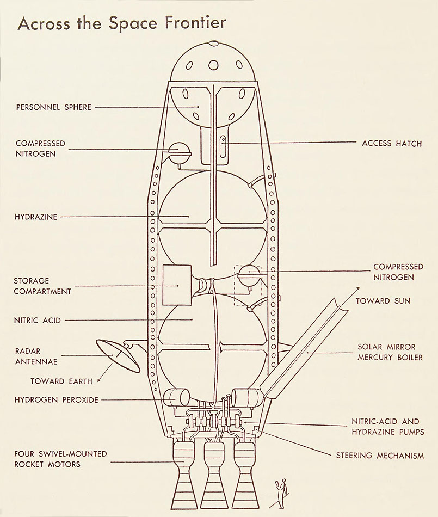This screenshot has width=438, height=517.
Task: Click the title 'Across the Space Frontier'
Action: pyautogui.click(x=122, y=23)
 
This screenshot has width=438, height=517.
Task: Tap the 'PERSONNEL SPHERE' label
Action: pyautogui.click(x=54, y=107)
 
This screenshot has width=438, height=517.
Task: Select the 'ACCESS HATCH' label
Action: pyautogui.click(x=392, y=144)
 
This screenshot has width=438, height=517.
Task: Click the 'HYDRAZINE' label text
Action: pyautogui.click(x=36, y=217)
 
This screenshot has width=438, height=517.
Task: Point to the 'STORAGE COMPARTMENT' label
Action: pyautogui.click(x=42, y=286)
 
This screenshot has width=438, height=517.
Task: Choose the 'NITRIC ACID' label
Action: pyautogui.click(x=37, y=320)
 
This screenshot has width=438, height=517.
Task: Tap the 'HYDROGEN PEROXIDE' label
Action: pyautogui.click(x=57, y=400)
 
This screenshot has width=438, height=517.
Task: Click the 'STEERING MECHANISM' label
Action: pyautogui.click(x=380, y=456)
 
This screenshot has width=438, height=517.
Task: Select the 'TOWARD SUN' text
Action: pyautogui.click(x=383, y=301)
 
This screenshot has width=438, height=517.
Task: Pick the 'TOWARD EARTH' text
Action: pyautogui.click(x=61, y=381)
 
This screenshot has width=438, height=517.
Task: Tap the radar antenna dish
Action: pyautogui.click(x=118, y=356)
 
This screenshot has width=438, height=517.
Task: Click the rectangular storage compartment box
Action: pyautogui.click(x=177, y=285)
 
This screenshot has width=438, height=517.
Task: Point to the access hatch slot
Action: pyautogui.click(x=223, y=146)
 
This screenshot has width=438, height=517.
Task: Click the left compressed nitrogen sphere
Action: pyautogui.click(x=180, y=152)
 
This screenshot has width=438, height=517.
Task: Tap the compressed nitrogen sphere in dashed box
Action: pyautogui.click(x=249, y=276)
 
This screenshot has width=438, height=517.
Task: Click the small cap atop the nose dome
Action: pyautogui.click(x=214, y=43)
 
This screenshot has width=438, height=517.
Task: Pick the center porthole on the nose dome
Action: pyautogui.click(x=214, y=65)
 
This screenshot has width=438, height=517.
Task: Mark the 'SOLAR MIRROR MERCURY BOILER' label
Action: pyautogui.click(x=390, y=352)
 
